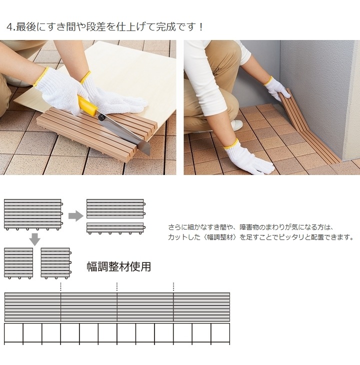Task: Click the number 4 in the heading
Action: (x=9, y=26)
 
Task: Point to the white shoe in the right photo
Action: (x=236, y=125)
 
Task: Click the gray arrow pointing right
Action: (x=75, y=215)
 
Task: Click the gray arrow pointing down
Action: (x=34, y=238)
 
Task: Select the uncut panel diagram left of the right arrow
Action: (x=33, y=214)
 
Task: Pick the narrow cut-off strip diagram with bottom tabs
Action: (x=115, y=228)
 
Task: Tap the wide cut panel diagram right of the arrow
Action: (x=115, y=208)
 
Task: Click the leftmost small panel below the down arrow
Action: (x=19, y=263)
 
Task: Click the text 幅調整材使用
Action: (x=118, y=266)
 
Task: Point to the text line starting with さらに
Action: (x=250, y=227)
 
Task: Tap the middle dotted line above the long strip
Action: (x=117, y=286)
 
